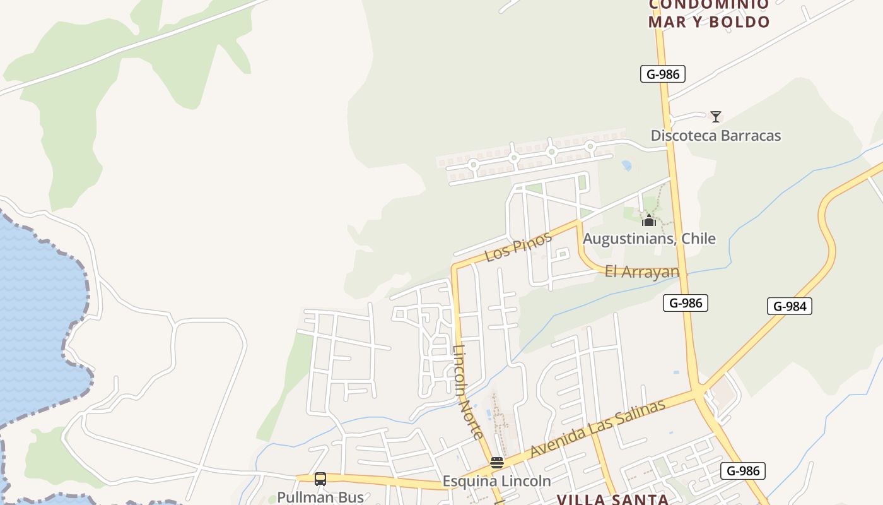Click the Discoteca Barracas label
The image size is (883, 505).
(715, 136)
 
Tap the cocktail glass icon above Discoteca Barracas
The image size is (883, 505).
(715, 117)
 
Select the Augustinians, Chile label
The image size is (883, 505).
(648, 239)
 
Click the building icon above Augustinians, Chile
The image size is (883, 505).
(648, 220)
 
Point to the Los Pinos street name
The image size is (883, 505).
(518, 247)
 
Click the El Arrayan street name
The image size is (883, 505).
(641, 272)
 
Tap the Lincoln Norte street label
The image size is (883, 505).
(468, 391)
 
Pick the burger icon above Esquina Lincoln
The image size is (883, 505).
(496, 463)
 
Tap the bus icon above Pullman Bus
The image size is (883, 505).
(320, 479)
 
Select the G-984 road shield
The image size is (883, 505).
(789, 307)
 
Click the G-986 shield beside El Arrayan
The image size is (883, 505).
(685, 303)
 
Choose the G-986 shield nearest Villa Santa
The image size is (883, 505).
(742, 471)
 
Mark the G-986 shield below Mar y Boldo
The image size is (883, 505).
(662, 74)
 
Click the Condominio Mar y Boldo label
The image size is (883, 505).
(709, 14)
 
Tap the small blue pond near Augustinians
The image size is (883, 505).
(626, 165)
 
